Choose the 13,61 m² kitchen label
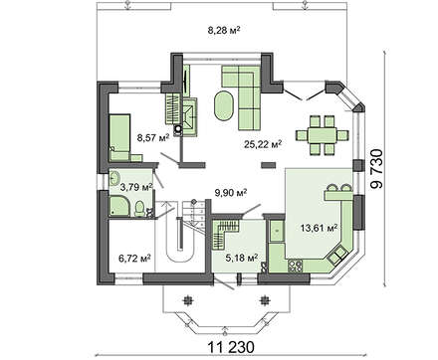click(x=320, y=227)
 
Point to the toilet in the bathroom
click(x=142, y=208)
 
